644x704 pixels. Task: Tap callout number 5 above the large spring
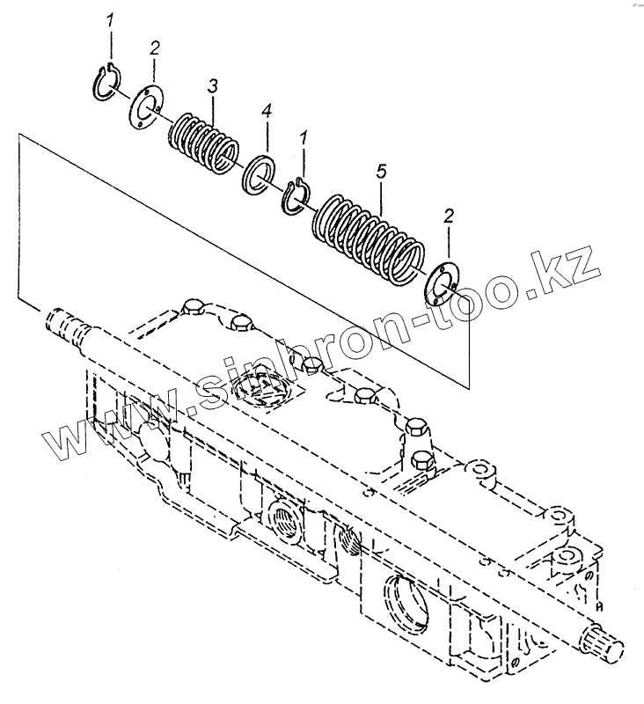pyautogui.click(x=380, y=172)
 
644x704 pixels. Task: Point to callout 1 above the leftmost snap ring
pyautogui.click(x=111, y=21)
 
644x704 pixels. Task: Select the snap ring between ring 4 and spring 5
pyautogui.click(x=295, y=194)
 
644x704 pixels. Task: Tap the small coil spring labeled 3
pyautogui.click(x=202, y=139)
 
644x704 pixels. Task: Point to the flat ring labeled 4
pyautogui.click(x=257, y=172)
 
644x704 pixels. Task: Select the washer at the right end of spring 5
pyautogui.click(x=442, y=282)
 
